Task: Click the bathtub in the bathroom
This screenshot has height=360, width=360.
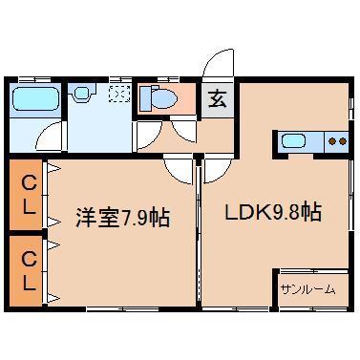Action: pyautogui.click(x=36, y=98)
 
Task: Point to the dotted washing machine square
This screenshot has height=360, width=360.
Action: pyautogui.click(x=120, y=93)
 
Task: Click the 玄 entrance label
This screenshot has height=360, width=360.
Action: pyautogui.click(x=216, y=97)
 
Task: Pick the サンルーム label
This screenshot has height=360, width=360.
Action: pyautogui.click(x=308, y=287)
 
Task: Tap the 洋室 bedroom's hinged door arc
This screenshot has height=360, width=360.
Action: pyautogui.click(x=179, y=169)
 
